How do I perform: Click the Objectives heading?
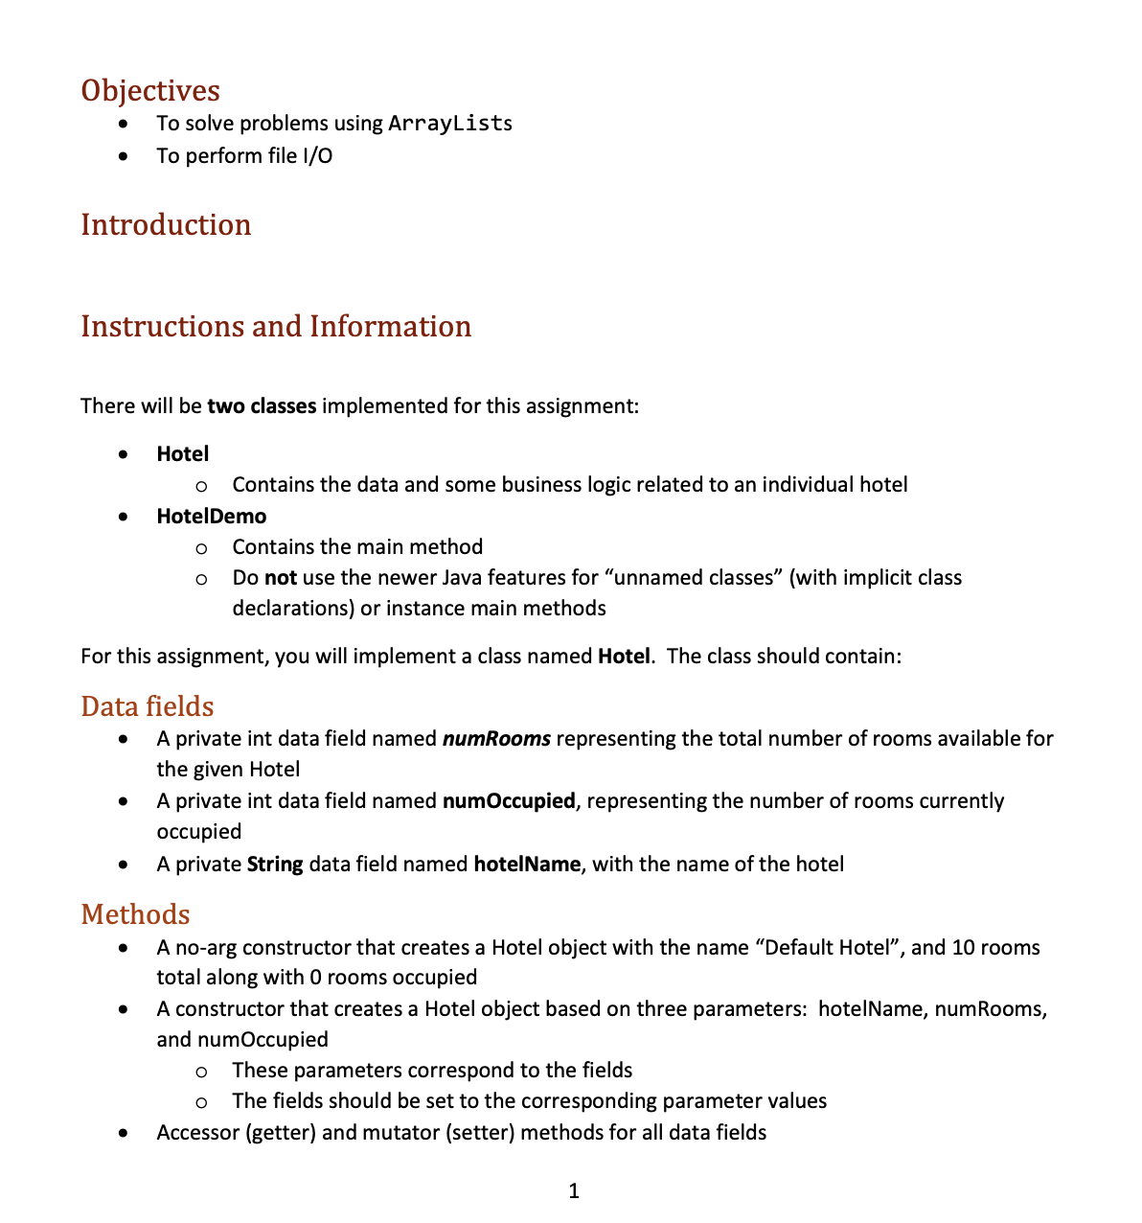[150, 90]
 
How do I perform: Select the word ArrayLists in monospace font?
[450, 124]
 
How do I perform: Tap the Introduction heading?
[166, 224]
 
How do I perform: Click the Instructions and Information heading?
[276, 326]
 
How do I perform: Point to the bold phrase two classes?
[262, 406]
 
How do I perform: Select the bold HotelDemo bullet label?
[212, 517]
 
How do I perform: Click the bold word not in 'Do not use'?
[281, 578]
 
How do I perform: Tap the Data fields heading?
[148, 706]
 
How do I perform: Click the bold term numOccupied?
[509, 801]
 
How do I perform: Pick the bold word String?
[275, 865]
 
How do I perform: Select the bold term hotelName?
[527, 865]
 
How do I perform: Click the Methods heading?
[135, 914]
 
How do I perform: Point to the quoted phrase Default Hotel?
[827, 948]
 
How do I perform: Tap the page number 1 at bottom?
[574, 1191]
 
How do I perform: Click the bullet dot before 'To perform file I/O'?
[122, 156]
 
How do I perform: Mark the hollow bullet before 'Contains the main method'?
[201, 548]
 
